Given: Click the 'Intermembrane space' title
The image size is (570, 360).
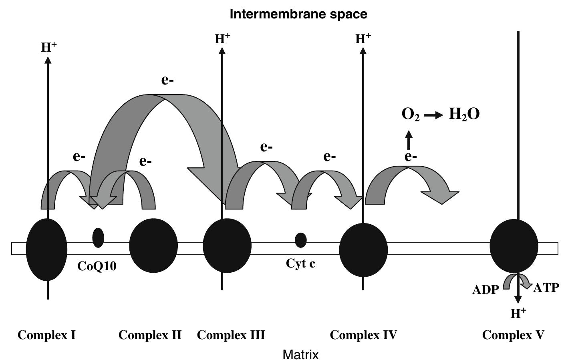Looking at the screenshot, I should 298,14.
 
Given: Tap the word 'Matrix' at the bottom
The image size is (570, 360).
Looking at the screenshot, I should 300,354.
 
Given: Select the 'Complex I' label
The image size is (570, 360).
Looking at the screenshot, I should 47,335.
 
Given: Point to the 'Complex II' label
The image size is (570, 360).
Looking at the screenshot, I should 150,335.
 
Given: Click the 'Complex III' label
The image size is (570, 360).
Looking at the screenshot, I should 231,335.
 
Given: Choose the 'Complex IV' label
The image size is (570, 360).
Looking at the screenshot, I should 363,335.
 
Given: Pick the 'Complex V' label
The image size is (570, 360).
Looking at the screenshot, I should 513,335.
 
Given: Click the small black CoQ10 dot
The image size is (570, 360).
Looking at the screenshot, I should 98,237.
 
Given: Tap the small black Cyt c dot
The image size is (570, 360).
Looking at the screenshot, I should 300,240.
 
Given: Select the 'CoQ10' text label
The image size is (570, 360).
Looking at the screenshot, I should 97,266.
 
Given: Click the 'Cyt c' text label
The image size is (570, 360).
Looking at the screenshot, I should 300,263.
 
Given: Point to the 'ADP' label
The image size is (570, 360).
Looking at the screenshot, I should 485,290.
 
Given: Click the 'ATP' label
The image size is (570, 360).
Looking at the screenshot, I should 546,288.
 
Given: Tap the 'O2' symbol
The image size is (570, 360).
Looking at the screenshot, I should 411,115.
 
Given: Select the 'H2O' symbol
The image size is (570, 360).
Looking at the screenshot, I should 464,115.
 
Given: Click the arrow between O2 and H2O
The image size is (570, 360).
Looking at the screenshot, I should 433,115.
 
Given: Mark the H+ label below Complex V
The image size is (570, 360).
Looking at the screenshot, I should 518,313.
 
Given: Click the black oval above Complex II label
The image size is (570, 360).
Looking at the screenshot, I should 153,245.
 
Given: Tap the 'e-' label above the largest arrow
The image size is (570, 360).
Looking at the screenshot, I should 167,80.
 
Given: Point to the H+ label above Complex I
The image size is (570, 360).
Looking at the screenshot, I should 49,47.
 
